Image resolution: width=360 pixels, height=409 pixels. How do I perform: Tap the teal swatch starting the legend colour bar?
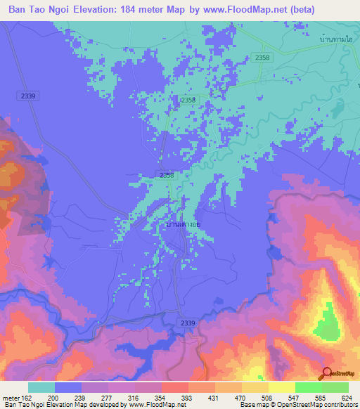coord(41,387)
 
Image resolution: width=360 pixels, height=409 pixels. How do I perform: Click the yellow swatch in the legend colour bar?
coord(282,387)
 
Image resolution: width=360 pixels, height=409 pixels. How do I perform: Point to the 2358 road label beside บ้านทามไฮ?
coord(262,57)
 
